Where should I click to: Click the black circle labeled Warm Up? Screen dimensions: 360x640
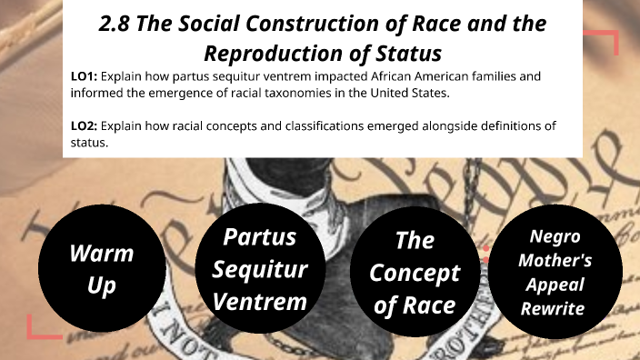(101, 270)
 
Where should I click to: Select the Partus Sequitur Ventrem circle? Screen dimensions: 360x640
(265, 270)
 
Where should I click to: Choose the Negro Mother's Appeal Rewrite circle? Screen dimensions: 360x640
(560, 271)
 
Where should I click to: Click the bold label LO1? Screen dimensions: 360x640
(85, 77)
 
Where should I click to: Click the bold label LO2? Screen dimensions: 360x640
(85, 125)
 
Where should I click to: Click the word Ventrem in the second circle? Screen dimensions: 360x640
(264, 301)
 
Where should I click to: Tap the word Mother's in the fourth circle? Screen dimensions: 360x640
(561, 260)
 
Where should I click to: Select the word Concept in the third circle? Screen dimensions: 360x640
(415, 273)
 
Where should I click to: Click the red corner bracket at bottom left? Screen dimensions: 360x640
(41, 326)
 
